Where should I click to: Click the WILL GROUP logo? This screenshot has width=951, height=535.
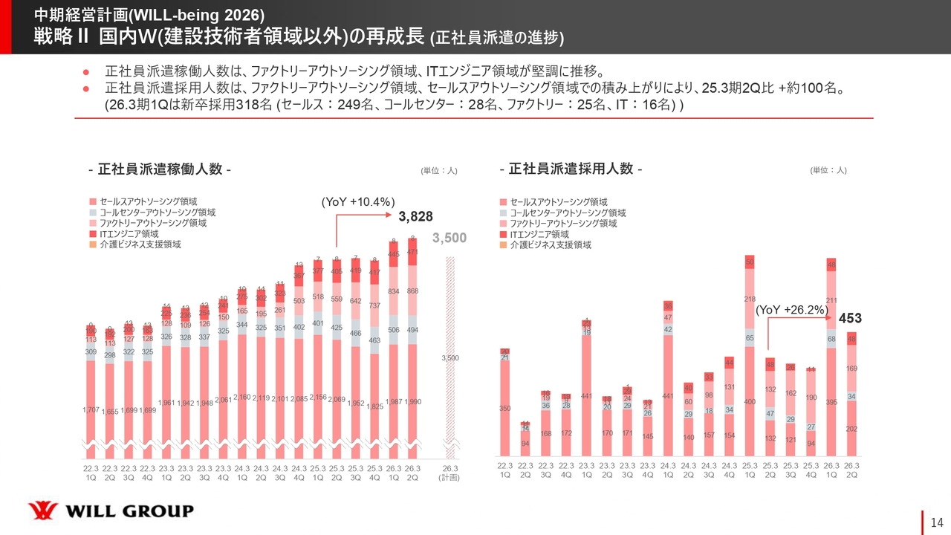111,510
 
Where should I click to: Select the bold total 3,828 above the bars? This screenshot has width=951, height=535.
415,217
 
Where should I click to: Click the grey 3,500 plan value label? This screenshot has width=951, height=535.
449,238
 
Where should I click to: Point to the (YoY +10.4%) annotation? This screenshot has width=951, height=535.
357,201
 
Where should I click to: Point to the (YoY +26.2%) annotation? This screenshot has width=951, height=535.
792,308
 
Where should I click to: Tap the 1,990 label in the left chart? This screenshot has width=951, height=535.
413,402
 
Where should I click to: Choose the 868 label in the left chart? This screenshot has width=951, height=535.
413,291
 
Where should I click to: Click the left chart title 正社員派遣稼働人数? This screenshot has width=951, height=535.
160,169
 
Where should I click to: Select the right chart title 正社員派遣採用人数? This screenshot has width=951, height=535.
571,169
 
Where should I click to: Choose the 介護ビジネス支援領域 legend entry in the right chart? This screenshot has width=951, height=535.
551,244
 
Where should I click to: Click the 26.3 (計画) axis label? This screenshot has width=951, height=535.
450,473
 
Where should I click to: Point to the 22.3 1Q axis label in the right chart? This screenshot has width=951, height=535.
505,470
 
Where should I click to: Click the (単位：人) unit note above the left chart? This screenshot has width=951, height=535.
438,170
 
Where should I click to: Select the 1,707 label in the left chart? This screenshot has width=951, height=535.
91,410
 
